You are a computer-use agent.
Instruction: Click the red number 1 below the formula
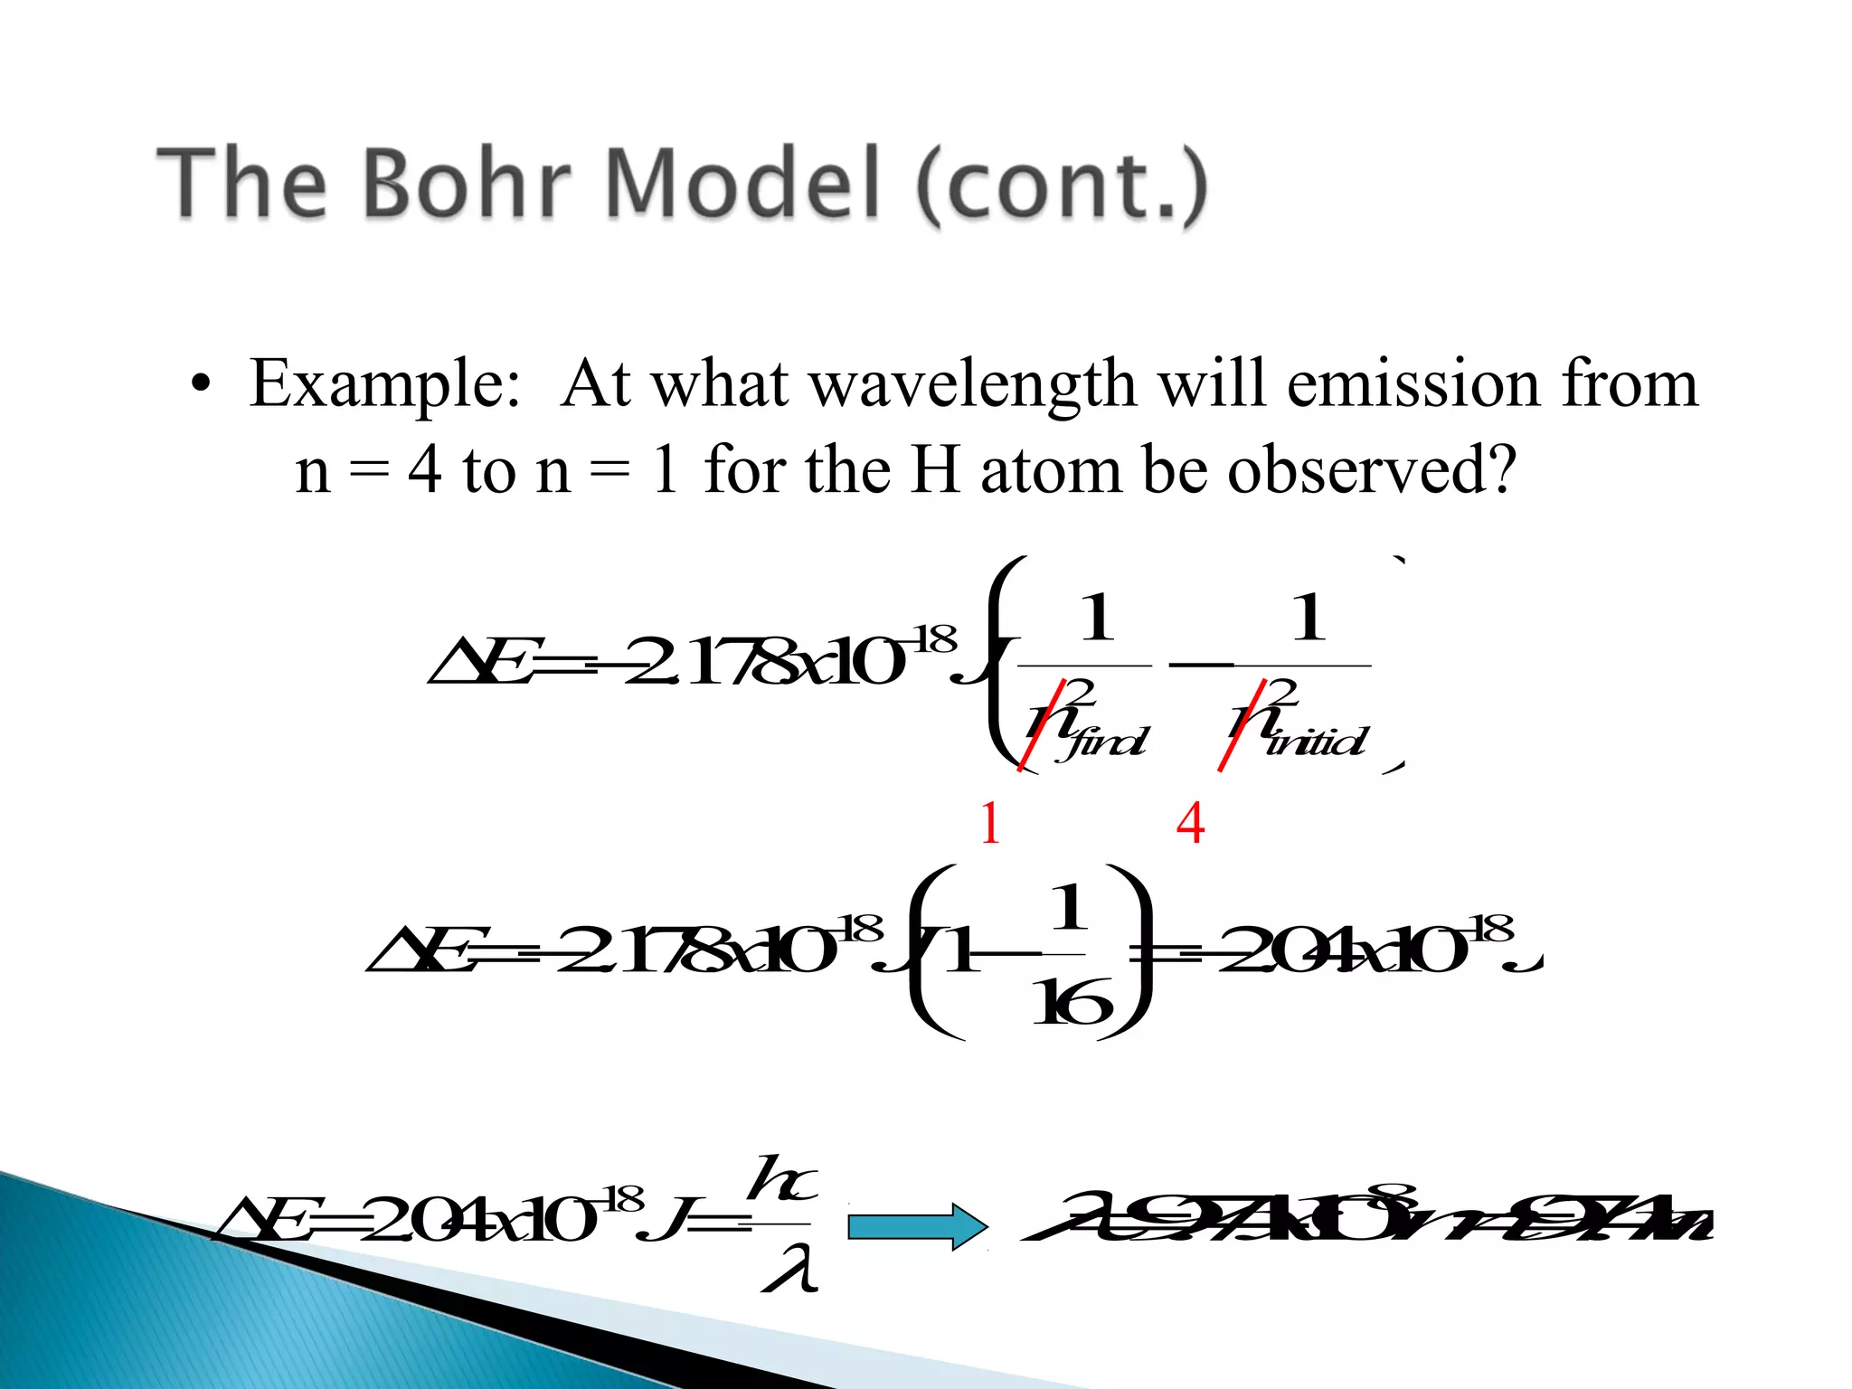tap(990, 823)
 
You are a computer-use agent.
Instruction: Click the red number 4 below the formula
tap(1190, 823)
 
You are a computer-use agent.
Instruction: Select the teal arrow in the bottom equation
tap(917, 1227)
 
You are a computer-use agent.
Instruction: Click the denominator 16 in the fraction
tap(1072, 1004)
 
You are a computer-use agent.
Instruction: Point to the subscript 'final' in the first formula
tap(1106, 742)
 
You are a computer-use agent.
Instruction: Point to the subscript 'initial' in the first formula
tap(1318, 742)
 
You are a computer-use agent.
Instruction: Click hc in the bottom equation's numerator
tap(783, 1180)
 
